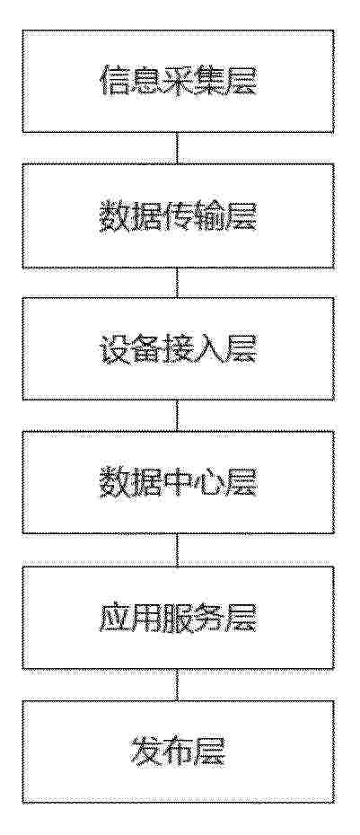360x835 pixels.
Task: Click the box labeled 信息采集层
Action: [178, 81]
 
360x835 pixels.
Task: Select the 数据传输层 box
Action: [178, 215]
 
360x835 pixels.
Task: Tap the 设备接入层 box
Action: [178, 348]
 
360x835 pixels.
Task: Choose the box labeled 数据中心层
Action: [178, 482]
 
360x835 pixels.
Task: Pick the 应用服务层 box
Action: [178, 617]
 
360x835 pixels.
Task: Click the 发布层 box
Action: [178, 751]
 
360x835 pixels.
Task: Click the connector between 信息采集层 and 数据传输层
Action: [177, 148]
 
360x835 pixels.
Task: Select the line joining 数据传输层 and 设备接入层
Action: [177, 282]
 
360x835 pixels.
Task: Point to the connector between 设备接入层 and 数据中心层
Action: [177, 416]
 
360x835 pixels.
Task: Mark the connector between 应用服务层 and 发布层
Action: [177, 684]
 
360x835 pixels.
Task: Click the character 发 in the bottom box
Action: [146, 752]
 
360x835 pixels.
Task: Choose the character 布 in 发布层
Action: [178, 752]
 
